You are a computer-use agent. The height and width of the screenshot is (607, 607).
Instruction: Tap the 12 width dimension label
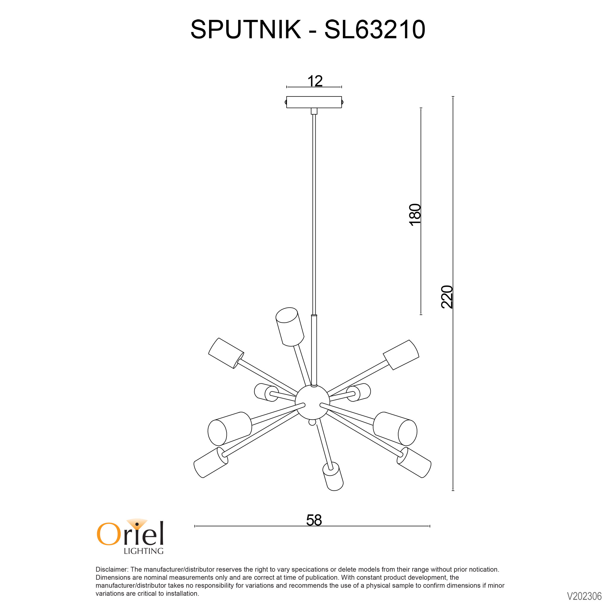point(315,81)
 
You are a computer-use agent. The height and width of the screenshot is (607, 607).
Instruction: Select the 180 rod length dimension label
point(415,214)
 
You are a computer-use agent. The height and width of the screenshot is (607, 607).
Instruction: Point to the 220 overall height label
point(447,297)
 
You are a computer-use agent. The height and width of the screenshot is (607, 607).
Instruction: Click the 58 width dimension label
point(314,520)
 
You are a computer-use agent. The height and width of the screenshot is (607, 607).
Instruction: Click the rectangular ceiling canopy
point(314,102)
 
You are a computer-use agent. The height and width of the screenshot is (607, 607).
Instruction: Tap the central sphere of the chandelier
point(312,402)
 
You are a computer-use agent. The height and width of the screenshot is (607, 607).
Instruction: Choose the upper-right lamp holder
point(401,355)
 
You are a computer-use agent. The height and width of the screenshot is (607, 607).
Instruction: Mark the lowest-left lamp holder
point(211,463)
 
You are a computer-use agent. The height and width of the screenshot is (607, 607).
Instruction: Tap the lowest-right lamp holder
point(414,463)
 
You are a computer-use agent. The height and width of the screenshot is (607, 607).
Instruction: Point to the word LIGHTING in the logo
point(144,551)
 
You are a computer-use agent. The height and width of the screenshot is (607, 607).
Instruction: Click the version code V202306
point(584,596)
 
